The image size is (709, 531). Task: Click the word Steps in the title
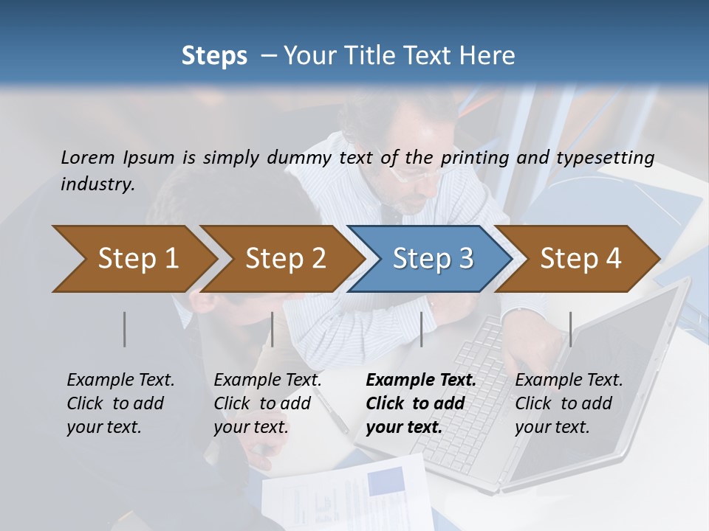click(214, 56)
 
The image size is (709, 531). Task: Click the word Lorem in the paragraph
click(87, 157)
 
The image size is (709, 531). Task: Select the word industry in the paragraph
click(97, 184)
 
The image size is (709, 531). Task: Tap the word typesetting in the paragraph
click(612, 157)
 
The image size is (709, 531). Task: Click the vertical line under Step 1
click(125, 329)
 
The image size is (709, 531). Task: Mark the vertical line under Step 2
click(273, 329)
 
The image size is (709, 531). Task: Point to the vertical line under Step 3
click(422, 329)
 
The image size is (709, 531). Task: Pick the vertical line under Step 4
click(571, 329)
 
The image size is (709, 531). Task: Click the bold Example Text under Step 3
click(421, 403)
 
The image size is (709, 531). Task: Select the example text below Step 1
click(120, 403)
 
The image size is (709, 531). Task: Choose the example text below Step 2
click(267, 403)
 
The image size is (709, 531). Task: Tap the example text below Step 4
click(569, 403)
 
